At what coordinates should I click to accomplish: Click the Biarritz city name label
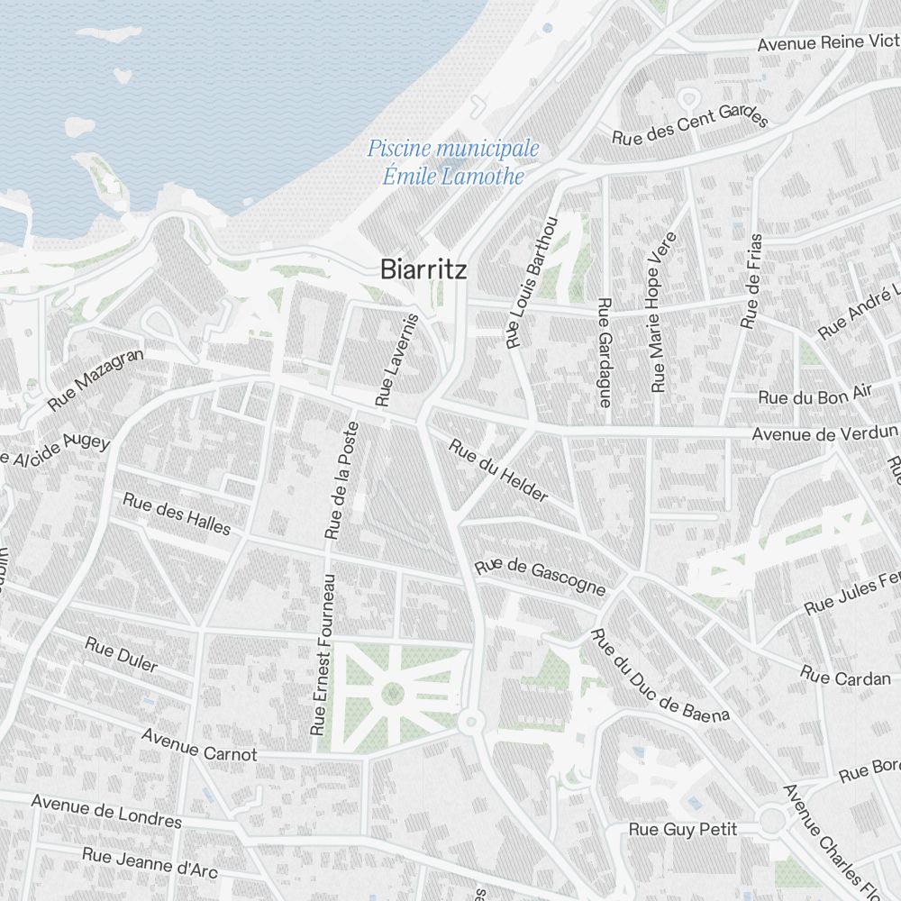423,268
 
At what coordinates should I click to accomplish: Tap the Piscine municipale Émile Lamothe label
452,162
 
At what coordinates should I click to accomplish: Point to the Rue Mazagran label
96,380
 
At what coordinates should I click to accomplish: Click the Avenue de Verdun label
825,434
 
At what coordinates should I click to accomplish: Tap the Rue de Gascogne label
540,577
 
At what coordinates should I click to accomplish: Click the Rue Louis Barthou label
532,282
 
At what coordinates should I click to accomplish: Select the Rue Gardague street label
605,352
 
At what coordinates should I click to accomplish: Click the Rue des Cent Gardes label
690,129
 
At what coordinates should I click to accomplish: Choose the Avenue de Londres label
106,810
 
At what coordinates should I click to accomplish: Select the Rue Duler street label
121,655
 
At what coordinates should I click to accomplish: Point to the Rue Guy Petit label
683,829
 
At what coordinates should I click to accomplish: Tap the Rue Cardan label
845,677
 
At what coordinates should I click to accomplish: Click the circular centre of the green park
393,693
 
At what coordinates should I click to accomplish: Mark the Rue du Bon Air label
815,396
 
